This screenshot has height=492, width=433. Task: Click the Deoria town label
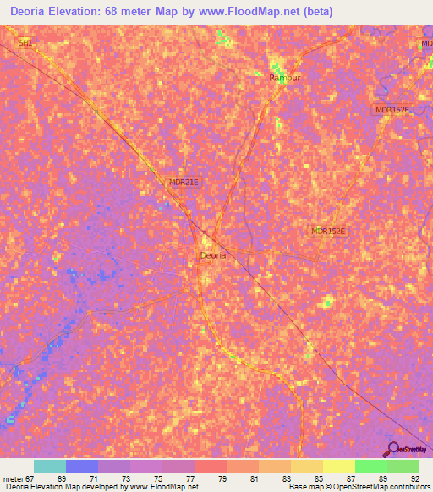(212, 254)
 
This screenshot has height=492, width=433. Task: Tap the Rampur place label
(284, 78)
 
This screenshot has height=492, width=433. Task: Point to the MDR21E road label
(183, 182)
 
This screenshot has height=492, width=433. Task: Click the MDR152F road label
(391, 111)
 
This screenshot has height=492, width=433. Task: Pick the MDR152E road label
(329, 231)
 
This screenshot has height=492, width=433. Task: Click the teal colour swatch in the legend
(50, 466)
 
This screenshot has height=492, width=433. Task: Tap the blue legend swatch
(82, 466)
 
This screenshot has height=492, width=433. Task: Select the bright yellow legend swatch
(339, 466)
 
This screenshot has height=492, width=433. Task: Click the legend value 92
(414, 478)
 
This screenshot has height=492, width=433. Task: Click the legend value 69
(60, 478)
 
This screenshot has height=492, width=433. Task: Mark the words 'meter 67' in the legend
(18, 478)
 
